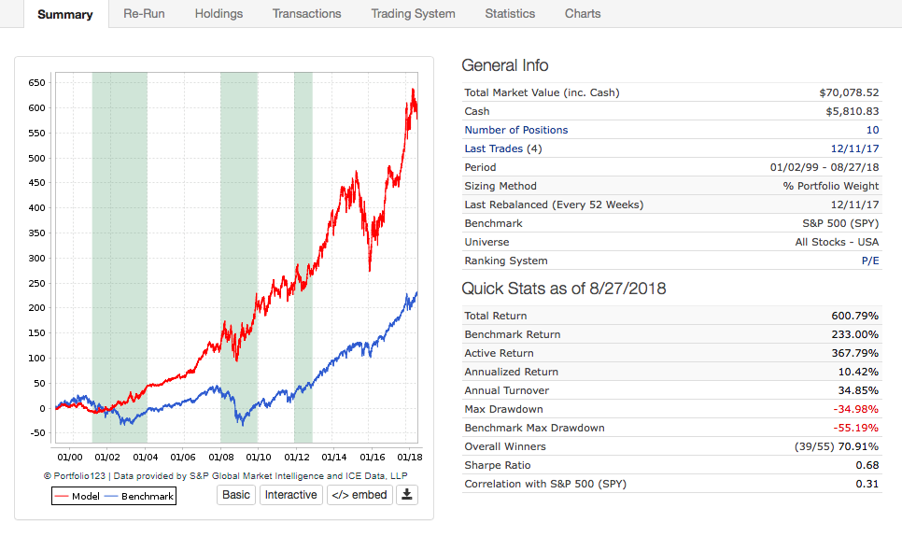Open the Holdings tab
click(x=218, y=14)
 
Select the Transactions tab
click(x=306, y=14)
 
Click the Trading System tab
click(x=413, y=14)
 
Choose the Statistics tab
click(x=510, y=14)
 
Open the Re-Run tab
click(x=144, y=14)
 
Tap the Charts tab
click(x=583, y=14)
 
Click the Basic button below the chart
click(x=236, y=495)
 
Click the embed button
click(x=359, y=495)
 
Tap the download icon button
click(x=406, y=495)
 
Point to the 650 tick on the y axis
click(x=36, y=82)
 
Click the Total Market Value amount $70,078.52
click(x=848, y=92)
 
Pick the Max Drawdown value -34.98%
click(x=855, y=409)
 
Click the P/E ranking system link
click(x=869, y=261)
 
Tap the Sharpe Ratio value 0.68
click(x=867, y=465)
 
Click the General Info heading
click(x=505, y=65)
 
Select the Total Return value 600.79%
click(x=854, y=316)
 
